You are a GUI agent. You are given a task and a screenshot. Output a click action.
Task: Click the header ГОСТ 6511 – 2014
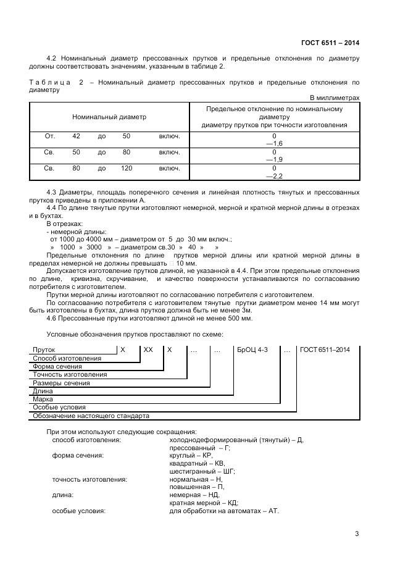click(330, 43)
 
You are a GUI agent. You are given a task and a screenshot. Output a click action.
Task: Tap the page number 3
click(357, 534)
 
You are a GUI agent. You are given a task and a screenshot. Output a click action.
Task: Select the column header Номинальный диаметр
click(109, 117)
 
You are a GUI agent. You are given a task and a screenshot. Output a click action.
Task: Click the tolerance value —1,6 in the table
click(273, 143)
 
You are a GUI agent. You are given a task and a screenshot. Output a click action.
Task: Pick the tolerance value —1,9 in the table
click(273, 159)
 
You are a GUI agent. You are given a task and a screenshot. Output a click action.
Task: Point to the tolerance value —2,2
click(273, 175)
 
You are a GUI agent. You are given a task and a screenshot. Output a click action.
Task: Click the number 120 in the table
click(127, 167)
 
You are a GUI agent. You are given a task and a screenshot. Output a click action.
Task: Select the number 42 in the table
click(76, 135)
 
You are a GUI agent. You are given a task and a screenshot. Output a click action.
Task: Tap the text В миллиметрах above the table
click(334, 98)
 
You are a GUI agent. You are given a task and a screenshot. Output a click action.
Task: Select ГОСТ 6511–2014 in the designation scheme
click(325, 350)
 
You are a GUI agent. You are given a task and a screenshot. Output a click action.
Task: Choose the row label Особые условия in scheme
click(59, 408)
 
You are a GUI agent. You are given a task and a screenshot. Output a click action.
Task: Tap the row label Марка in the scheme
click(43, 400)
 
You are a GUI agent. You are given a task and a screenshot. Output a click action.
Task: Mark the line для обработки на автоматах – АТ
click(224, 511)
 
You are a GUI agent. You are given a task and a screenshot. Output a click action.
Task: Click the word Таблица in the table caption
click(48, 82)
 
